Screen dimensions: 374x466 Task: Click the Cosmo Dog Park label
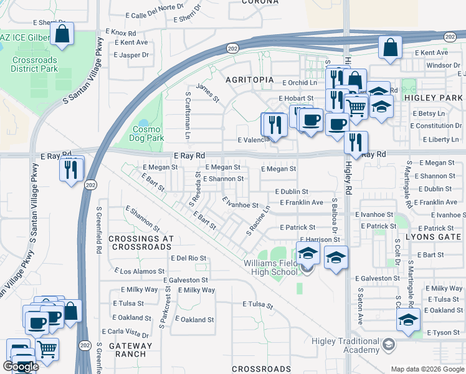(147, 133)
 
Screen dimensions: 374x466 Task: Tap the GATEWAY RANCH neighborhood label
(130, 350)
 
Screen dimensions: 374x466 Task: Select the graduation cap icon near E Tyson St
(408, 320)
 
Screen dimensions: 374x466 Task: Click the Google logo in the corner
(21, 367)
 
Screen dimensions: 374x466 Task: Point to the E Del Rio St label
(188, 258)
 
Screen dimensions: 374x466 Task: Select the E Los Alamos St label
(140, 271)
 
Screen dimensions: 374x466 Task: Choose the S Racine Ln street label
(259, 221)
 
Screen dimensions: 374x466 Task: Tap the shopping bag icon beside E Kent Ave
(390, 49)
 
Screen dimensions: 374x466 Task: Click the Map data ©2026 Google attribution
(427, 369)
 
